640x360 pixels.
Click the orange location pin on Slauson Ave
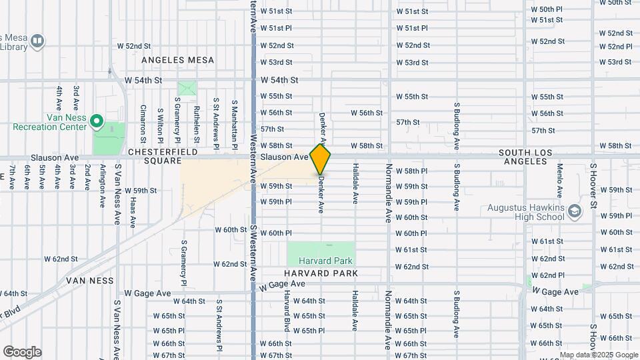[321, 159]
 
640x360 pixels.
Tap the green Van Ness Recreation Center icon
[97, 121]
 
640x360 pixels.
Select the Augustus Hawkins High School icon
[575, 210]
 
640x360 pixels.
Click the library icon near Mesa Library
[37, 41]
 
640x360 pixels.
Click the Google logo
[22, 352]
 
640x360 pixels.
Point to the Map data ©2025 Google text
[597, 355]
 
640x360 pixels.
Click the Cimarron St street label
[143, 124]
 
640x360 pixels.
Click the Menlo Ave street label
[560, 181]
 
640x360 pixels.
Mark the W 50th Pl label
[547, 9]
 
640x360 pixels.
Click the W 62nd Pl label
[547, 275]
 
